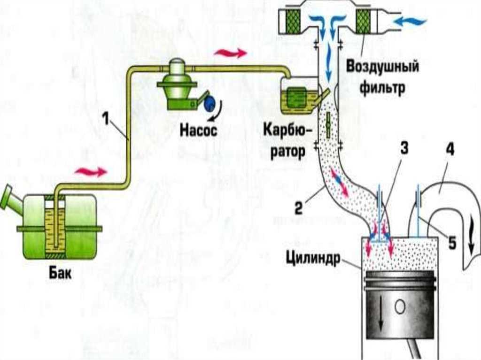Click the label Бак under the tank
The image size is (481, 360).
click(60, 272)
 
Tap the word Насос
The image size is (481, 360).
click(198, 130)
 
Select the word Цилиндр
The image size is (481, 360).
click(313, 259)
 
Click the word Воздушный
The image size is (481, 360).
click(382, 67)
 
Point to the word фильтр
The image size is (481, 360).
click(382, 87)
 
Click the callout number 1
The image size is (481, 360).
click(106, 119)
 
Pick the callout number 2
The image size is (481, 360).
click(298, 207)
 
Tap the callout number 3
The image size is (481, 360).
click(404, 148)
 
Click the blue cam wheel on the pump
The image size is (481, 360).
click(210, 103)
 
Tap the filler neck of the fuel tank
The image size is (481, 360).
click(11, 199)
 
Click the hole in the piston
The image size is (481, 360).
click(400, 307)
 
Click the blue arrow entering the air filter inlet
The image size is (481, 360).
click(410, 22)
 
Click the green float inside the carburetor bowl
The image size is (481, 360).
click(297, 97)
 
